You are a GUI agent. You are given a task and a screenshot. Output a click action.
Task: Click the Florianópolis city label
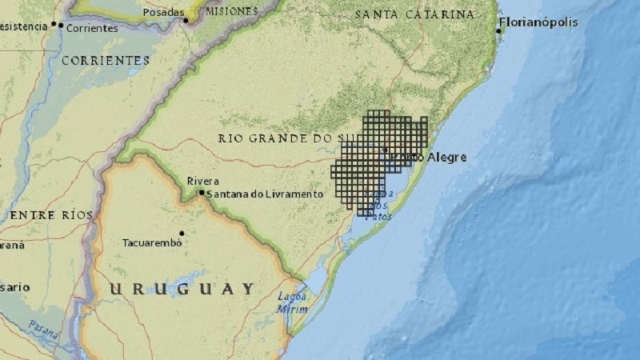538,22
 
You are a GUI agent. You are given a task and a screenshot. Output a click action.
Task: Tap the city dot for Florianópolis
498,30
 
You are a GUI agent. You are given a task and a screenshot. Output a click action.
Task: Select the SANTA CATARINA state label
414,14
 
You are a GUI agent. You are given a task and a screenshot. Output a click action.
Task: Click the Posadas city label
163,13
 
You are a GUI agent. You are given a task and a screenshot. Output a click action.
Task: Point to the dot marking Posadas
186,20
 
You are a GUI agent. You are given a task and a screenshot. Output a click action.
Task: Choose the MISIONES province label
231,11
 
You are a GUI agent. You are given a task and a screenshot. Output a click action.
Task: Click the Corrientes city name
93,27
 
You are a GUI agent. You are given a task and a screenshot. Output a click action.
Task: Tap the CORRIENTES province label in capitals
106,60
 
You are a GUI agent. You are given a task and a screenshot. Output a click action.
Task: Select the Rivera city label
202,182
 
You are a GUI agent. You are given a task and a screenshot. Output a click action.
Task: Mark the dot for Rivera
202,192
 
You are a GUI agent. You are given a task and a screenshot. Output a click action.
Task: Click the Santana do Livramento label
265,194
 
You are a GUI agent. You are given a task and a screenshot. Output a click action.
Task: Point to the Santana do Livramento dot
202,193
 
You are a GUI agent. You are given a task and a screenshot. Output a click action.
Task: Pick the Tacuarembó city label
150,242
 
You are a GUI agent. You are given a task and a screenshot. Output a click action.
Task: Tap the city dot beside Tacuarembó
182,234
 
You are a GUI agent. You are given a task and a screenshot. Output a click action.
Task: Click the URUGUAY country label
182,289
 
